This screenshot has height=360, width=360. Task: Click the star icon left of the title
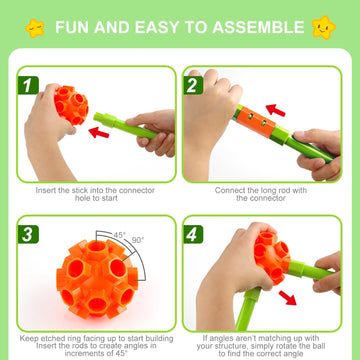(34, 27)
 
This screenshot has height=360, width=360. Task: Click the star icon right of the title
(323, 27)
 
